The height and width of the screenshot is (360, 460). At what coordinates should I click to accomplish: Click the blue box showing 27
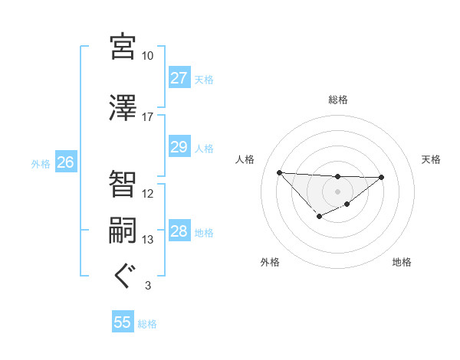pos(179,78)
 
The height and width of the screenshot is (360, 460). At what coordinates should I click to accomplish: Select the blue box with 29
pos(179,147)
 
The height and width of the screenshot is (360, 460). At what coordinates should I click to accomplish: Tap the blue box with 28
pos(179,231)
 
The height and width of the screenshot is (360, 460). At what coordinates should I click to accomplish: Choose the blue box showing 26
pos(65,162)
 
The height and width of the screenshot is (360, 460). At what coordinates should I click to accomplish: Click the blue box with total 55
pos(123,322)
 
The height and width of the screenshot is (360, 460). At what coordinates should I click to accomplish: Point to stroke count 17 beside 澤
pos(147,117)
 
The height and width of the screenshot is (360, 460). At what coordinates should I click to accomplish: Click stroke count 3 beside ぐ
pos(147,286)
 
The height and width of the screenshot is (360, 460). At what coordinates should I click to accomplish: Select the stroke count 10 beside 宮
pos(147,56)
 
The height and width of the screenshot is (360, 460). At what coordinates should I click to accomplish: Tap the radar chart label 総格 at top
pos(337,100)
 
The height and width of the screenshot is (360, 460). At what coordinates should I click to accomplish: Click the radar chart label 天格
pos(432,159)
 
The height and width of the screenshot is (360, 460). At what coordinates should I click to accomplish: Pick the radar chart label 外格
pos(270,262)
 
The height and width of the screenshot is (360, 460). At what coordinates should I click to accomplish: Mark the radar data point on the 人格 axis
pos(279,172)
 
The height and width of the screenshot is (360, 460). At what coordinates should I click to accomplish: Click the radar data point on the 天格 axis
pos(382,177)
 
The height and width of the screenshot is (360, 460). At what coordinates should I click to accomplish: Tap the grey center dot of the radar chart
pos(337,191)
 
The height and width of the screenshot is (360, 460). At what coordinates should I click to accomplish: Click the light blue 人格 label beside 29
pos(204,148)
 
